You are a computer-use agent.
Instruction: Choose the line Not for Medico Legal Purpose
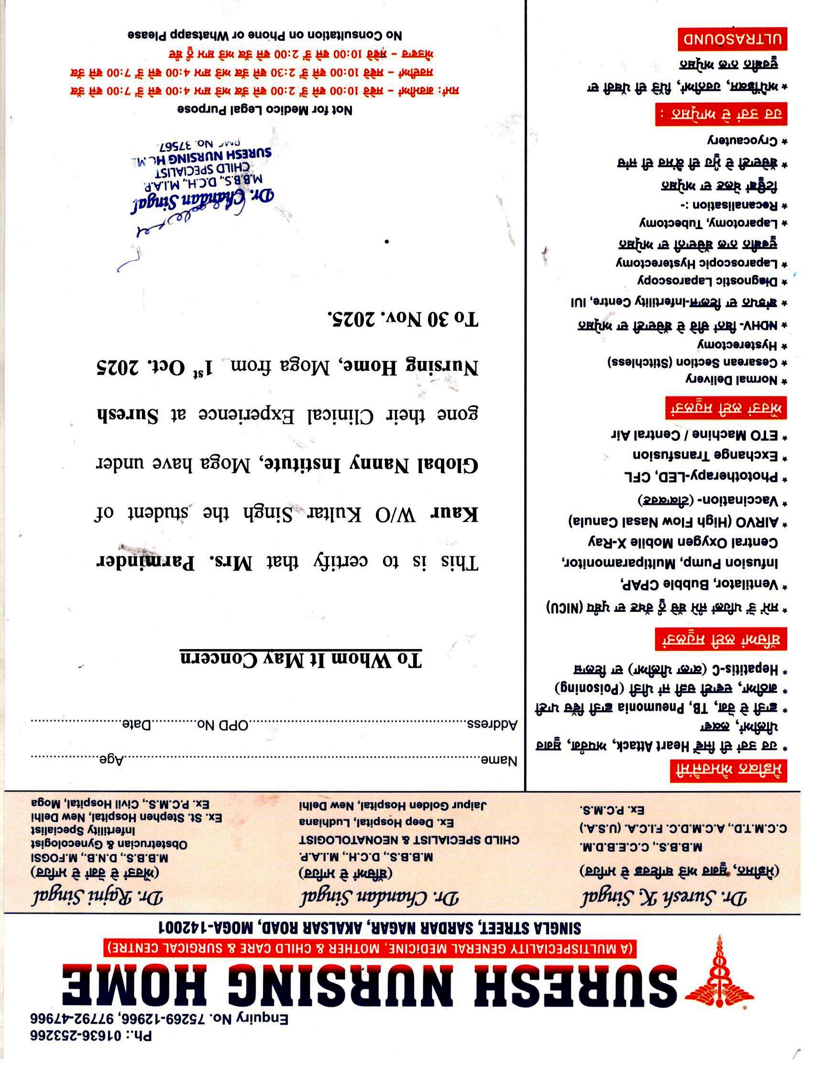point(264,110)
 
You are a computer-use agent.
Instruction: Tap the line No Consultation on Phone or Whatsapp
point(264,35)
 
